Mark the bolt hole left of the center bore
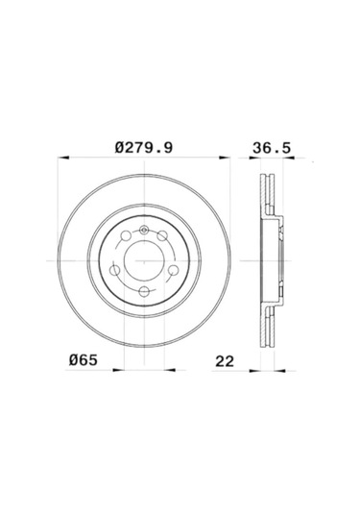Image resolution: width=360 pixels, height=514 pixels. (x=114, y=270)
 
